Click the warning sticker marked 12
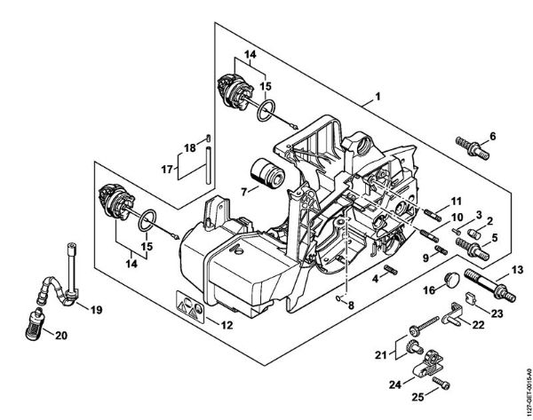tap(192, 306)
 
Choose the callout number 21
tap(381, 355)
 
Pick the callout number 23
tap(497, 313)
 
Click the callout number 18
tap(188, 147)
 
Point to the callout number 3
tap(477, 216)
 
